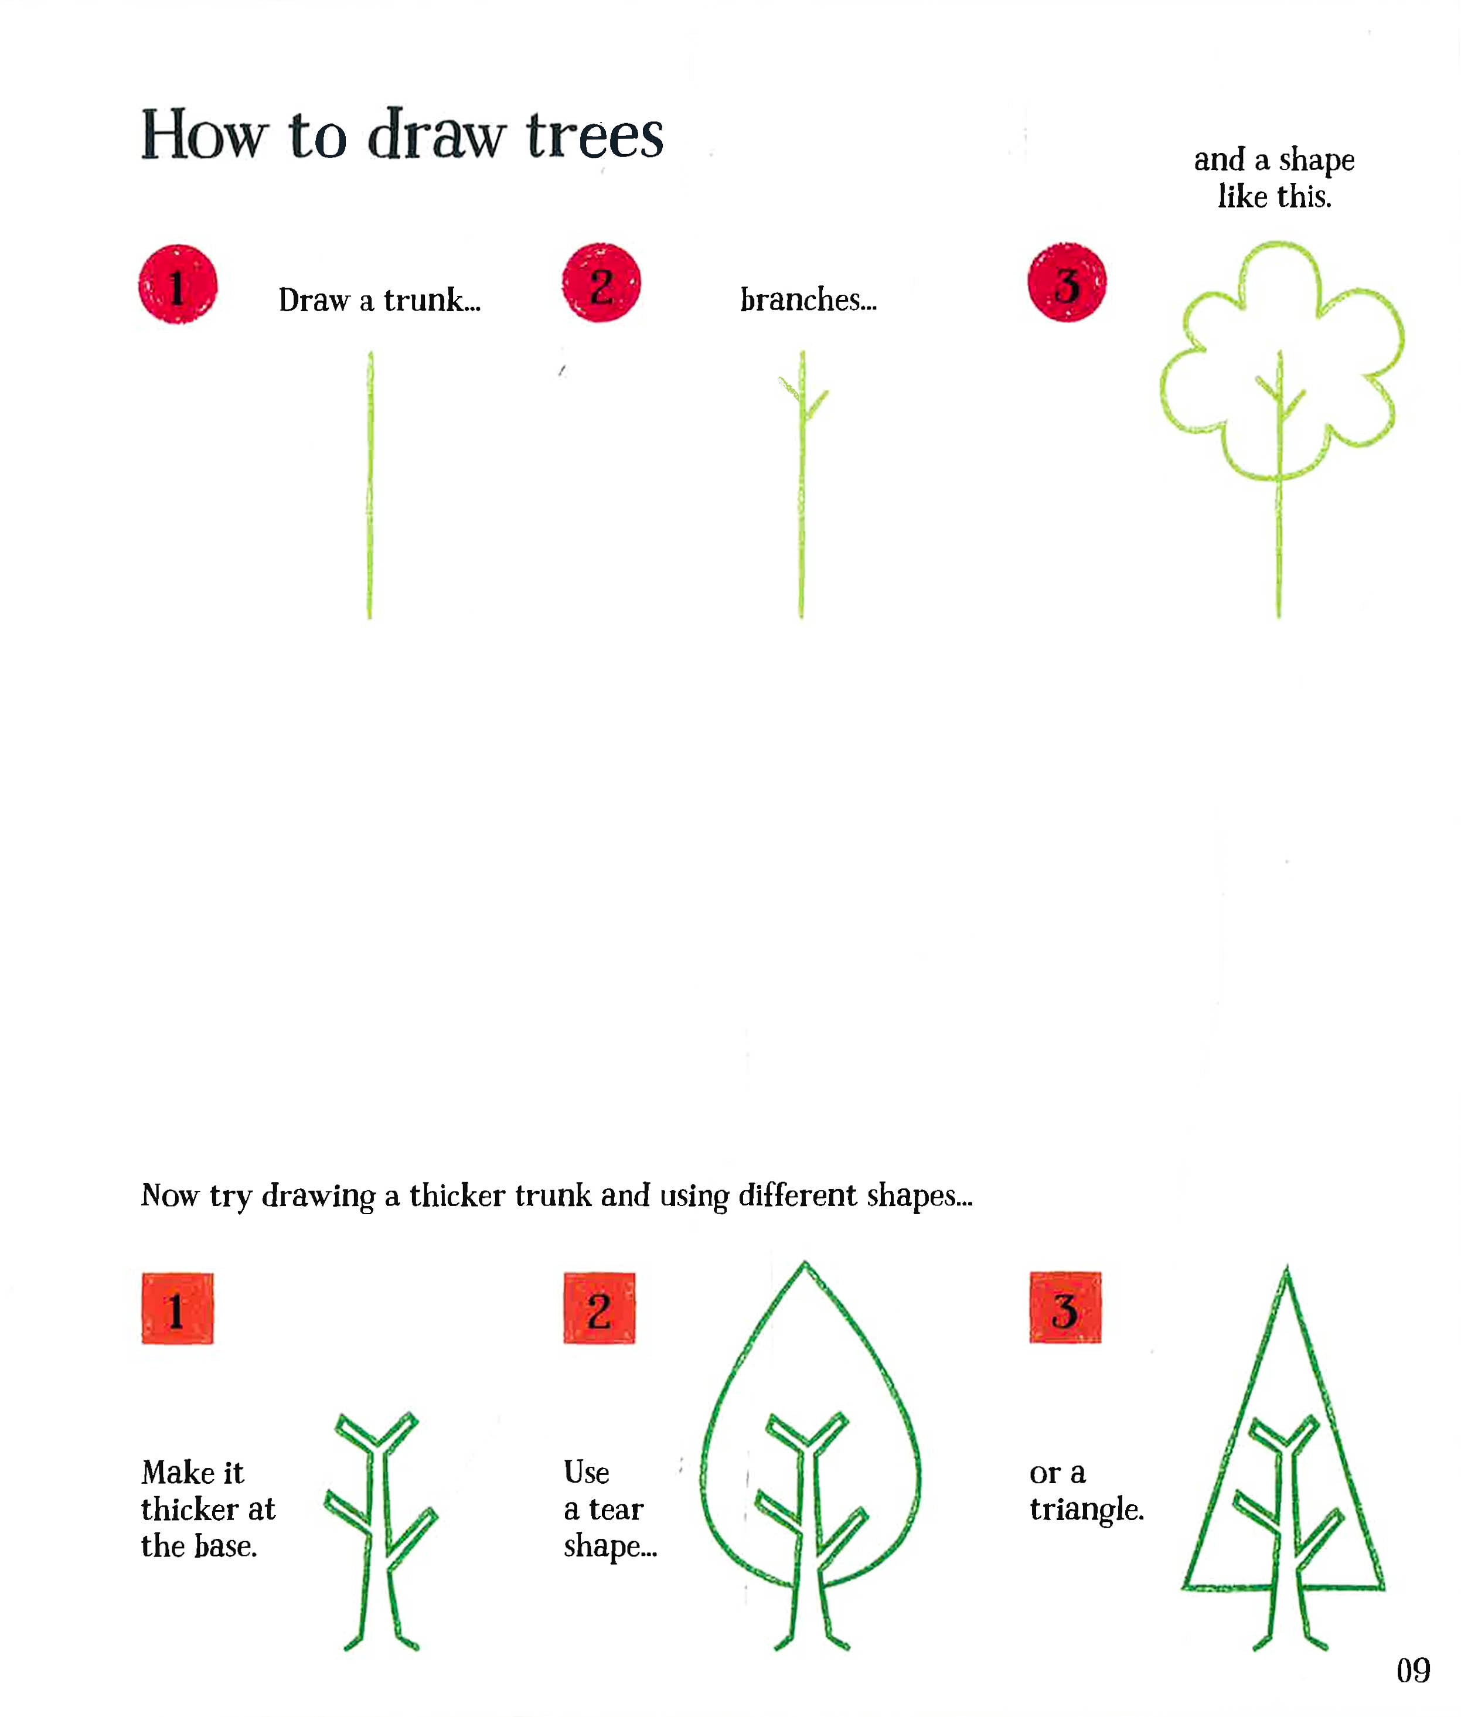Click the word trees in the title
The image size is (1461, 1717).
595,134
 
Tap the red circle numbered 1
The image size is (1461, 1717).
178,284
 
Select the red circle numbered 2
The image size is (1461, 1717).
602,282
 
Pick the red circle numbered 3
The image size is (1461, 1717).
1067,282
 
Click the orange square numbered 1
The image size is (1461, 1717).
177,1308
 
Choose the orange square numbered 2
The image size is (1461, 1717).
600,1308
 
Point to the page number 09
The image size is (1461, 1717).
1413,1670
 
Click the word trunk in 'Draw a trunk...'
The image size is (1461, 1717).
431,300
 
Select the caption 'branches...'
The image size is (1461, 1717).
808,300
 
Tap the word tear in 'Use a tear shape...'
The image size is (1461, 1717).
616,1509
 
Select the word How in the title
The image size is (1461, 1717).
205,134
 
